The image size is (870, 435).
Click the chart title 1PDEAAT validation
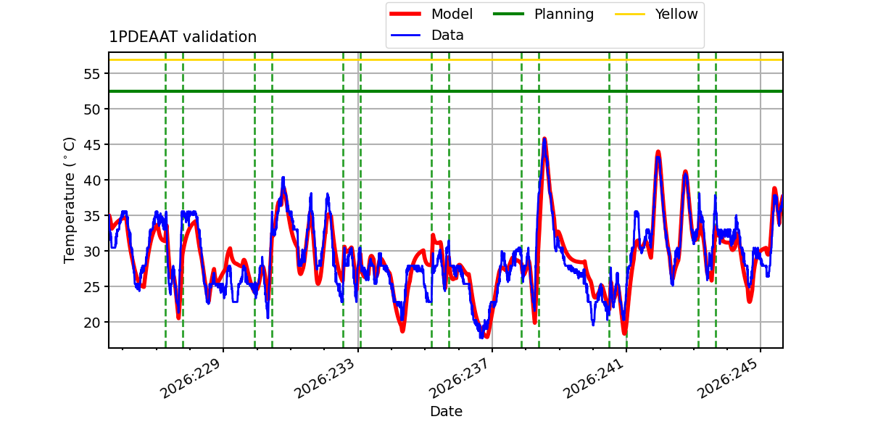pyautogui.click(x=183, y=37)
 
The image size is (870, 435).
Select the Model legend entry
pyautogui.click(x=431, y=14)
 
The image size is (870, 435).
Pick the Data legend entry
pyautogui.click(x=427, y=36)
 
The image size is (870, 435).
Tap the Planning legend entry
pyautogui.click(x=543, y=14)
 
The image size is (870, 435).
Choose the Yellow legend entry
pyautogui.click(x=656, y=14)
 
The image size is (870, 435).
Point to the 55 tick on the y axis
pyautogui.click(x=92, y=74)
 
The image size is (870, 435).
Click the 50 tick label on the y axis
pyautogui.click(x=92, y=109)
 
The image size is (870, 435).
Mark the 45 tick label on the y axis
pyautogui.click(x=92, y=145)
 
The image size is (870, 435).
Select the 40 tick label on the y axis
pyautogui.click(x=92, y=181)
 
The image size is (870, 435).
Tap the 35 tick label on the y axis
pyautogui.click(x=92, y=216)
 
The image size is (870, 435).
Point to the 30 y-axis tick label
pyautogui.click(x=92, y=252)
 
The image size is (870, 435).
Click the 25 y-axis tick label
pyautogui.click(x=92, y=287)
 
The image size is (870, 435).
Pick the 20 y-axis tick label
pyautogui.click(x=92, y=323)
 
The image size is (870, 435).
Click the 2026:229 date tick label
pyautogui.click(x=190, y=378)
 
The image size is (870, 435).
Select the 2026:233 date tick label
pyautogui.click(x=325, y=378)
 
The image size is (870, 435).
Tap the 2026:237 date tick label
pyautogui.click(x=459, y=378)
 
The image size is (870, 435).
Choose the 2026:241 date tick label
pyautogui.click(x=594, y=378)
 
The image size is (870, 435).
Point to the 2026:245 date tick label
pyautogui.click(x=728, y=378)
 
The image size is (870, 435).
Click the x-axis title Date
pyautogui.click(x=446, y=411)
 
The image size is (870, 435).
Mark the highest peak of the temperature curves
pyautogui.click(x=544, y=138)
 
